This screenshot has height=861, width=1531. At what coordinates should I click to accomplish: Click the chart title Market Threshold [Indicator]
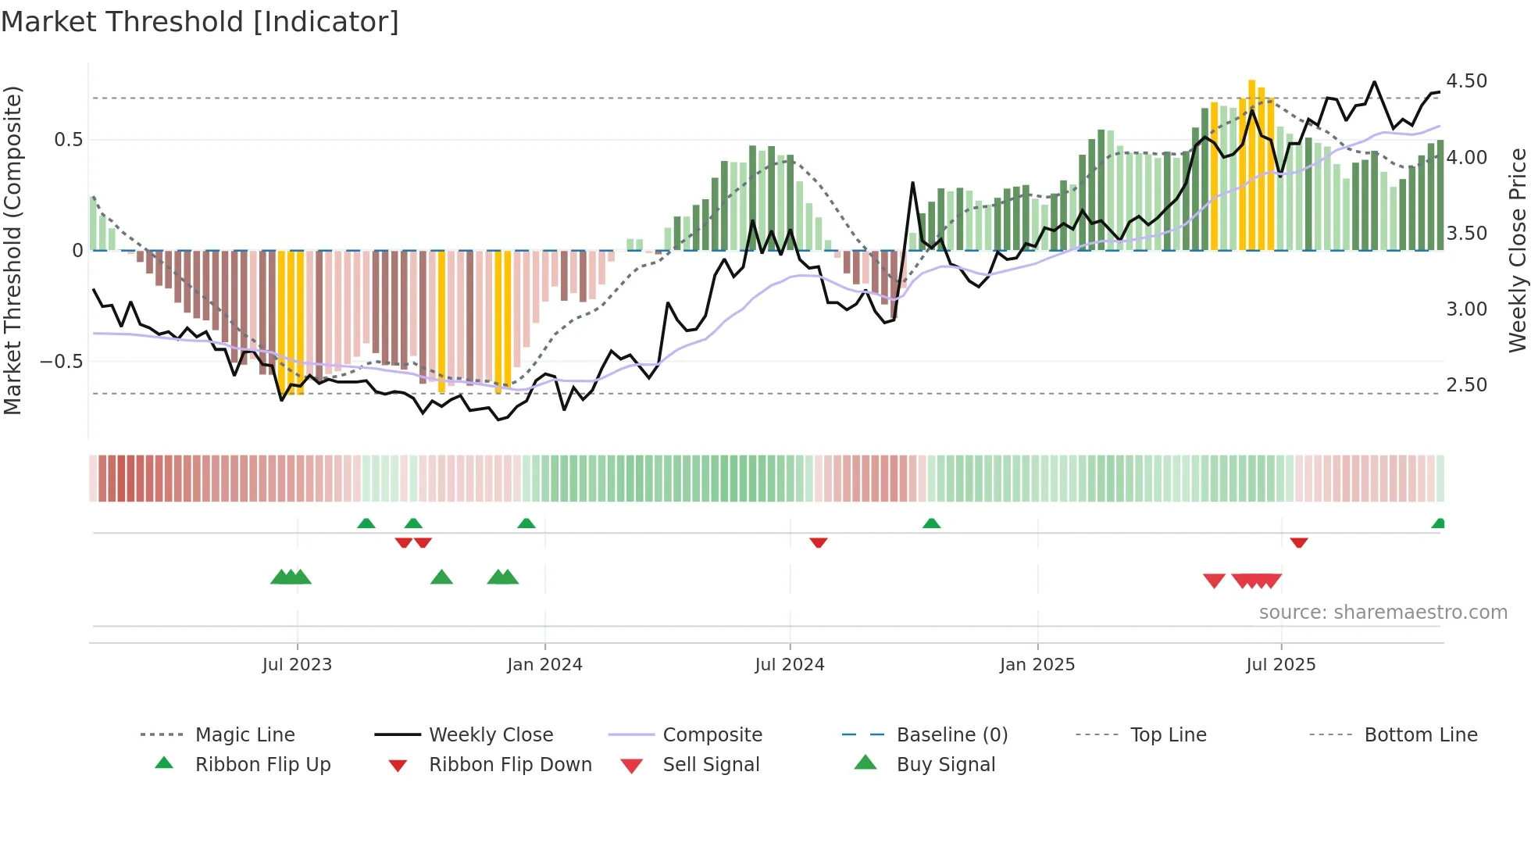tap(200, 22)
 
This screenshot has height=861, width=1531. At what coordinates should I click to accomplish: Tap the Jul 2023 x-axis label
tap(297, 665)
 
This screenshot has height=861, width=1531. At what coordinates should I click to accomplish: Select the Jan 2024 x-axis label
tap(544, 665)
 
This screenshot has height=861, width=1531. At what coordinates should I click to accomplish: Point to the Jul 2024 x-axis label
tap(790, 665)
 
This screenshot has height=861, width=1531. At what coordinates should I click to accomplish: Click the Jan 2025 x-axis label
tap(1037, 665)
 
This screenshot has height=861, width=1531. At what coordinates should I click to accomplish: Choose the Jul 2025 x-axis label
tap(1281, 665)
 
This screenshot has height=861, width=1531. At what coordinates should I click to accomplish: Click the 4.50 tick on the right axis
tap(1466, 81)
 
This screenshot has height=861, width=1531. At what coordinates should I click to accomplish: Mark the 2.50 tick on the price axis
tap(1466, 385)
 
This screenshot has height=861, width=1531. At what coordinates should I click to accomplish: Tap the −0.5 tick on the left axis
tap(62, 362)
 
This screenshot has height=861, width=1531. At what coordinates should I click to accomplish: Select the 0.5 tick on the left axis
tap(68, 140)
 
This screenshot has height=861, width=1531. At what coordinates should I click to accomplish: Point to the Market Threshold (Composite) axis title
tap(12, 250)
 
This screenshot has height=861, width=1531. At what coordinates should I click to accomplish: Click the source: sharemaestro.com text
tap(1383, 613)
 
